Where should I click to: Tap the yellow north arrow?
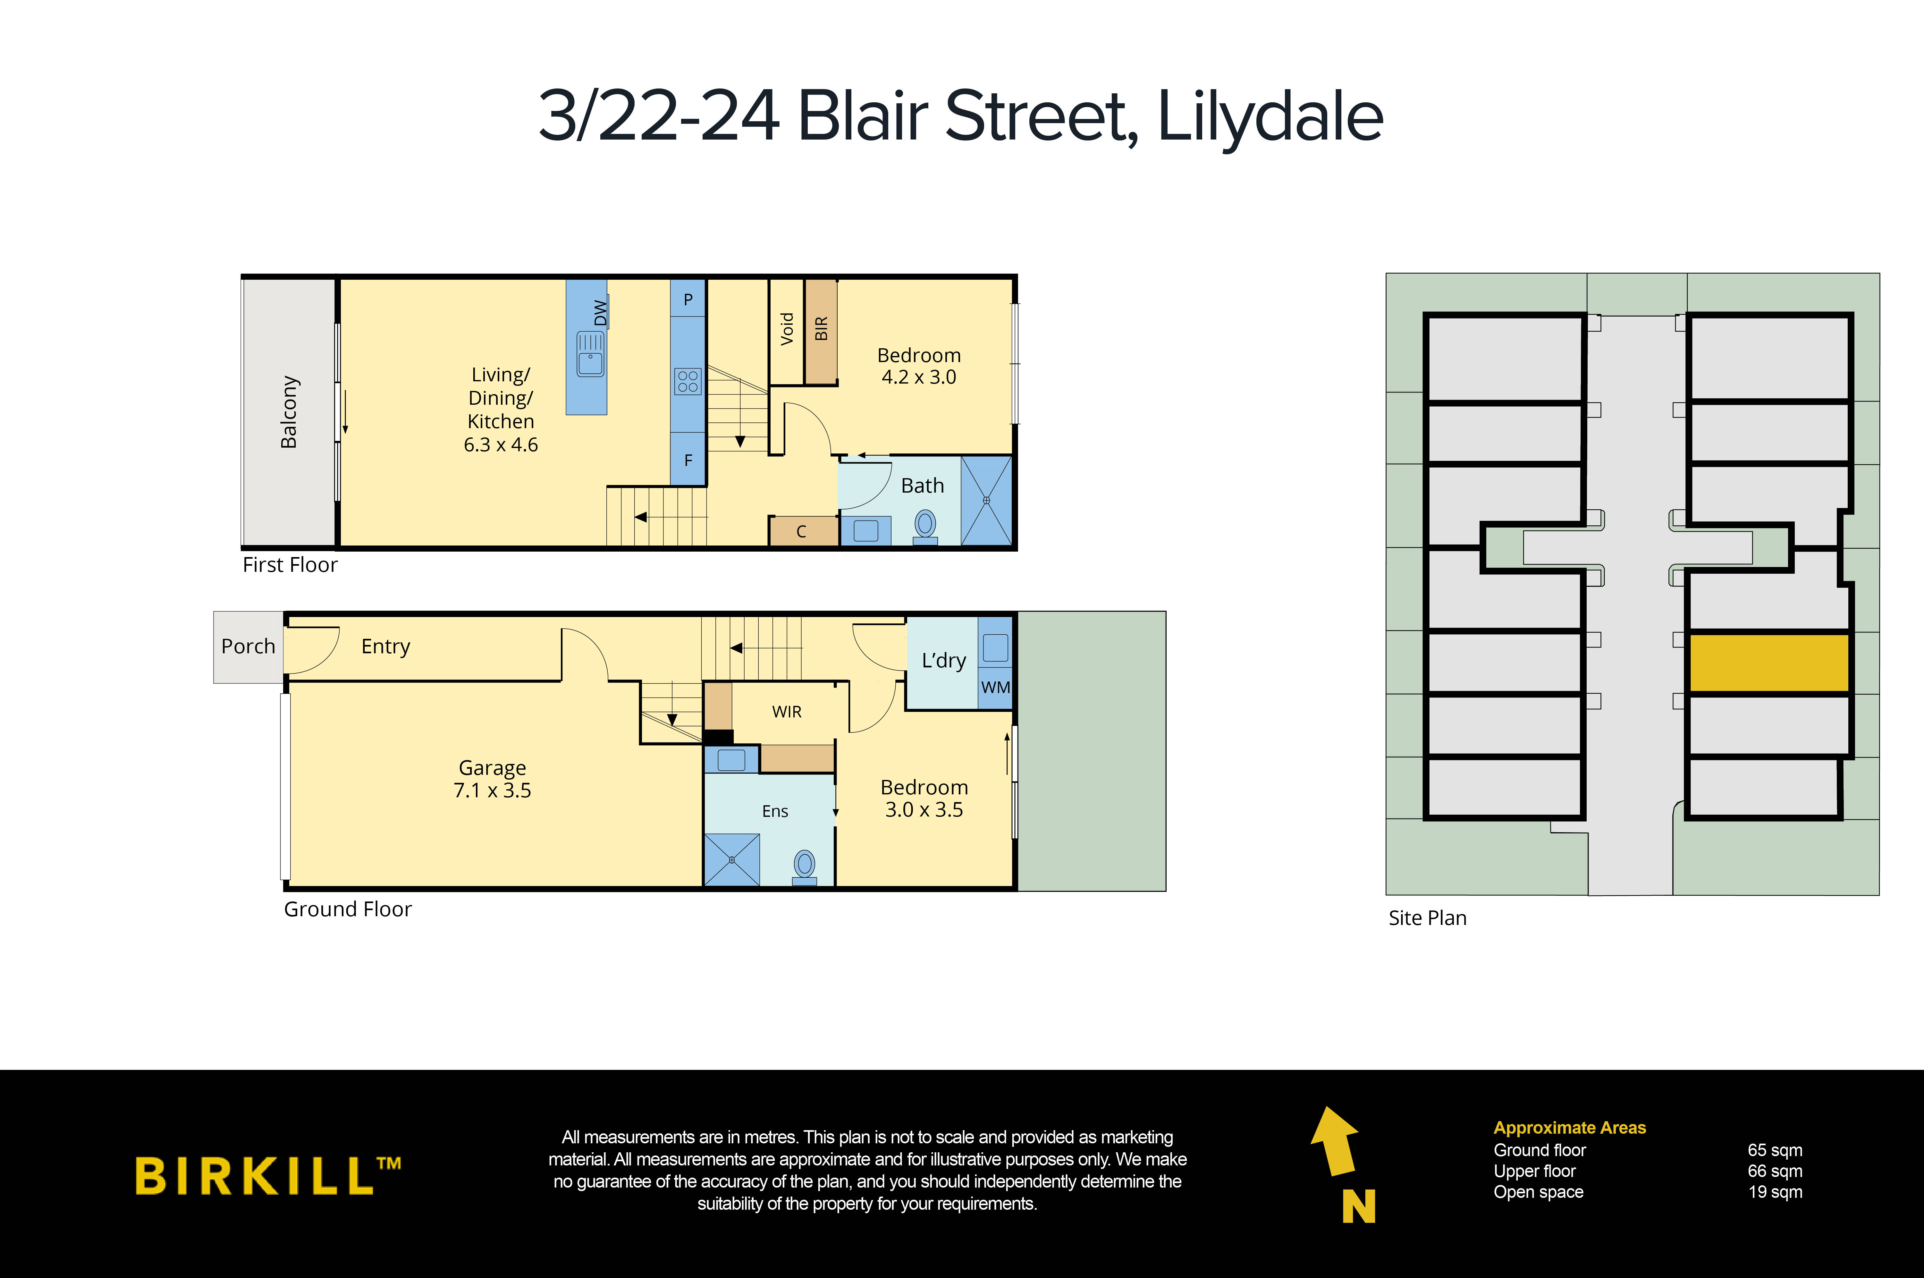[1337, 1141]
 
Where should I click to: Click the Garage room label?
[492, 768]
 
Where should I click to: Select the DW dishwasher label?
[601, 312]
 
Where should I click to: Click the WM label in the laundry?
[995, 687]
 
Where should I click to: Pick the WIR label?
[786, 712]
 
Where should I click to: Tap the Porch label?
[248, 646]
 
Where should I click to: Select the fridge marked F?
[688, 461]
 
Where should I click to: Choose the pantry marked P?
[688, 299]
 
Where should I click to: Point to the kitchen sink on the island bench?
[590, 354]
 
